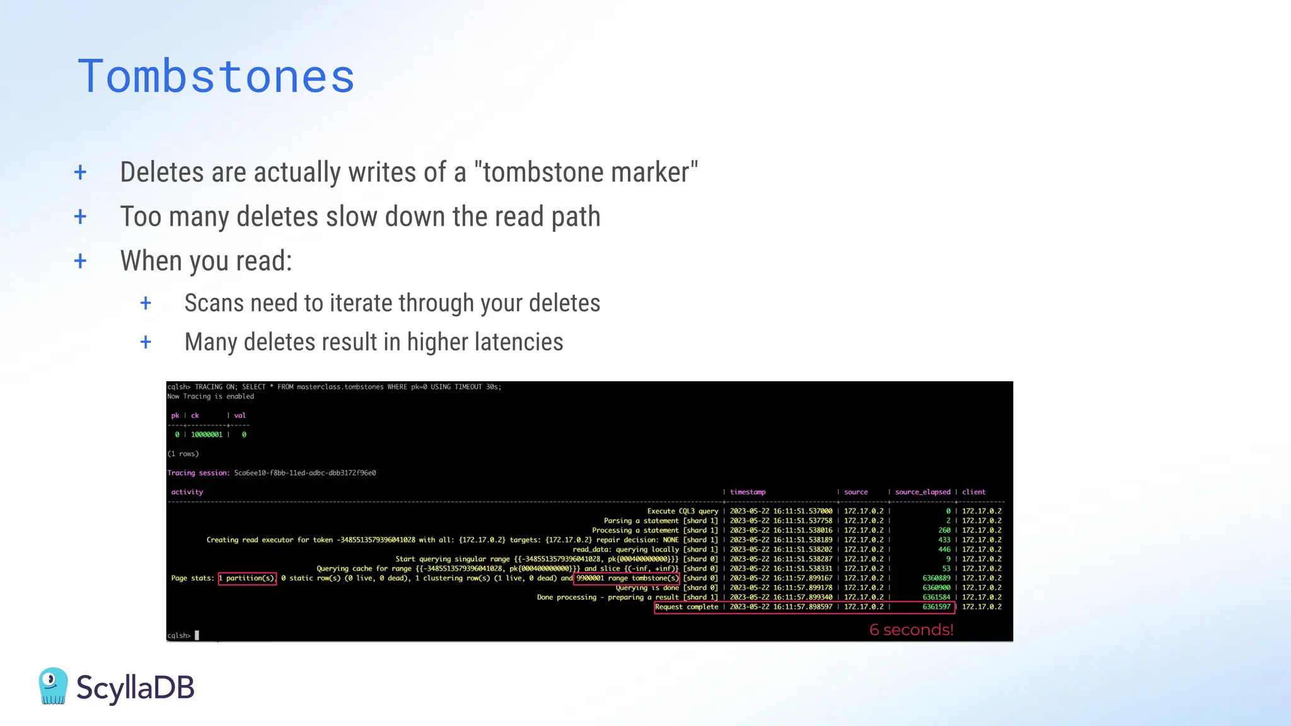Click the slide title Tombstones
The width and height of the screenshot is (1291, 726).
click(216, 76)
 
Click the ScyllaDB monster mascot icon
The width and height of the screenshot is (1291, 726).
click(53, 686)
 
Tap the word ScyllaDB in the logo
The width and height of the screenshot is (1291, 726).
click(135, 688)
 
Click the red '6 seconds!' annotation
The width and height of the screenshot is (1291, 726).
click(911, 630)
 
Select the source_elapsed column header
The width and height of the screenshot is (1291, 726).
click(922, 492)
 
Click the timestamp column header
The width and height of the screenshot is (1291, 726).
click(748, 492)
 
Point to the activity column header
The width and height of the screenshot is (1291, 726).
click(187, 492)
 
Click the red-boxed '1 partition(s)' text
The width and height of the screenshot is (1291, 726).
click(247, 578)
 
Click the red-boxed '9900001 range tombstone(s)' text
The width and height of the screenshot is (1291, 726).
click(627, 578)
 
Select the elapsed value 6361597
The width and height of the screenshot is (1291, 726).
click(936, 607)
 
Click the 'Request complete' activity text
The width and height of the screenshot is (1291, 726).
click(686, 607)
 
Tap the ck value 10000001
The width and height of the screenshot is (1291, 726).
click(207, 435)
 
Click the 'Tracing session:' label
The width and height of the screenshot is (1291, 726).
click(199, 473)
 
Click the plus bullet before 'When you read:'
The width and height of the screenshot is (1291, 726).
click(80, 261)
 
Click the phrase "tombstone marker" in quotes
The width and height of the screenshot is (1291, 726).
click(586, 173)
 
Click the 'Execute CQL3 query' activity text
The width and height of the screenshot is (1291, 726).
click(682, 511)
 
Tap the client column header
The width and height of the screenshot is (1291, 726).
click(973, 492)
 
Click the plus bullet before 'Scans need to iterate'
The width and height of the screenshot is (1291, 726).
click(146, 303)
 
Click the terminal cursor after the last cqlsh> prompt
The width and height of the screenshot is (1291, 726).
click(197, 635)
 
